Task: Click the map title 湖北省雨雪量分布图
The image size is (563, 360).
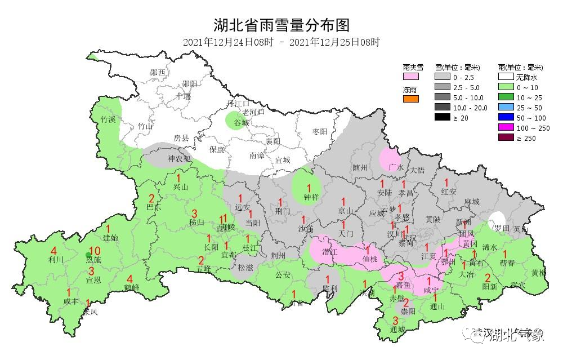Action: [281, 25]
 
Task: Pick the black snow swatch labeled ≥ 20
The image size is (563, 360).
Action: [443, 117]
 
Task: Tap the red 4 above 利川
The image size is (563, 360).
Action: [53, 251]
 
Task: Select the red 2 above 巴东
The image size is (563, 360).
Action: [151, 198]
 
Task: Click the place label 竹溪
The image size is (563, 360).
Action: [108, 119]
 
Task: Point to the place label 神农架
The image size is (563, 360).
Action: [179, 159]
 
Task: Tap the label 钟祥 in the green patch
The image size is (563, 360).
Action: [309, 197]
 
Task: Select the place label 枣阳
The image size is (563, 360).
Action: [320, 131]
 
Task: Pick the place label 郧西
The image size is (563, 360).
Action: [158, 72]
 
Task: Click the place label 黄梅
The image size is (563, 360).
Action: [539, 273]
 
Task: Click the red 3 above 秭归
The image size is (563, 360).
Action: [195, 213]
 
